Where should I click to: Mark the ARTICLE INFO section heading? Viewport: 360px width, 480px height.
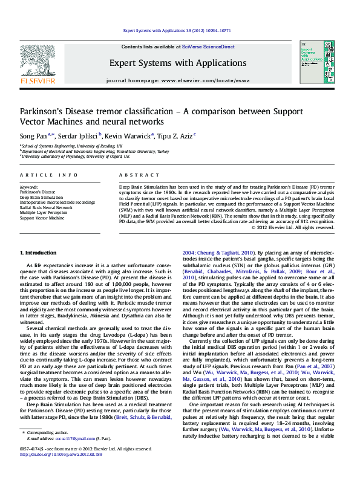(49, 174)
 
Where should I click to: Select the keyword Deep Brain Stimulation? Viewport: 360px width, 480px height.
(41, 197)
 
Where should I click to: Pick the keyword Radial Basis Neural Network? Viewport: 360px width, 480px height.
(46, 207)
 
